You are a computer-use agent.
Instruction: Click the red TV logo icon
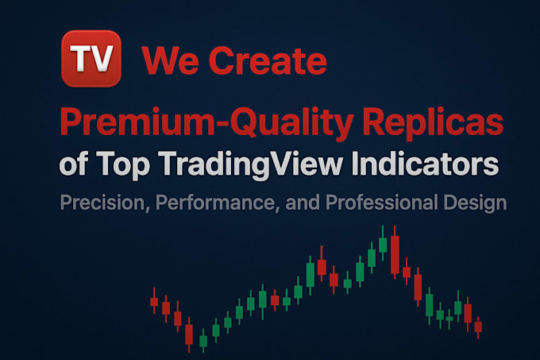[x=91, y=59]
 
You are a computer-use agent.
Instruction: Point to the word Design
[x=475, y=202]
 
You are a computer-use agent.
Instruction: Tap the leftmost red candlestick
[x=154, y=301]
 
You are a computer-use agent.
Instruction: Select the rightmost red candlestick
[x=478, y=327]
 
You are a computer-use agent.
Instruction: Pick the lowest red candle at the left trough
[x=189, y=335]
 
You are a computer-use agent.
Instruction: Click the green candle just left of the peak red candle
[x=383, y=243]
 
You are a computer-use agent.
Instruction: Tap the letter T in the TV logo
[x=80, y=60]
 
